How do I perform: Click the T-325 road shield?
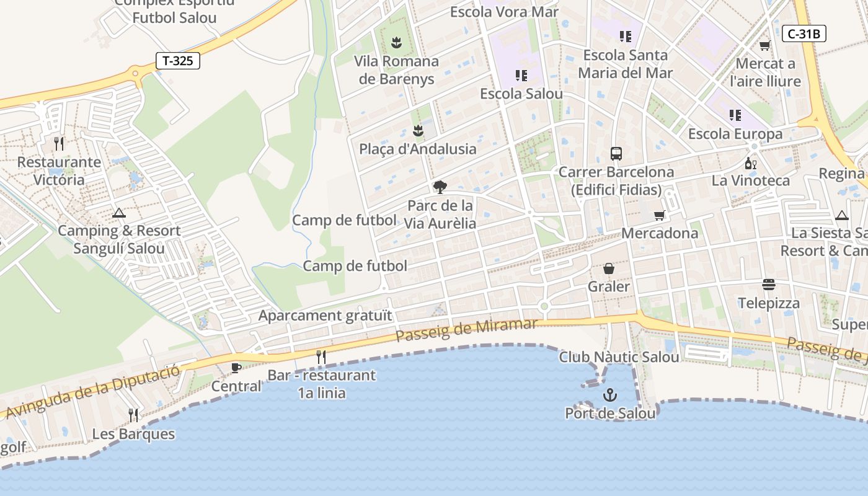(177, 61)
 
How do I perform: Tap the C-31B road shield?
(804, 33)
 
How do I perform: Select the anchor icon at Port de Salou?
(610, 395)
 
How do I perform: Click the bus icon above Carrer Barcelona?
(616, 154)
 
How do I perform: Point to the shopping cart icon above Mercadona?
(659, 215)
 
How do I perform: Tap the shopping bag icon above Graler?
(609, 268)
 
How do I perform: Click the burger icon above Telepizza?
(769, 285)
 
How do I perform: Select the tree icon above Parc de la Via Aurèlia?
(440, 187)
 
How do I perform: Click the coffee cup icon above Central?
(236, 368)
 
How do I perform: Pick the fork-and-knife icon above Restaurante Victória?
(59, 144)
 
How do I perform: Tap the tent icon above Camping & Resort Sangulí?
(118, 213)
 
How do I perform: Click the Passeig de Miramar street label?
(466, 330)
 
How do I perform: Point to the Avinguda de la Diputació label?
(93, 391)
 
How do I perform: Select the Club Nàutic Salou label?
(619, 357)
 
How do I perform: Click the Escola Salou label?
(521, 94)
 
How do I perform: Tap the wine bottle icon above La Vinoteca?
(750, 164)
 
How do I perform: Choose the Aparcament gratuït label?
(325, 316)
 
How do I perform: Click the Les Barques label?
(133, 433)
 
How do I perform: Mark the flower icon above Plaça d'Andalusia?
(418, 131)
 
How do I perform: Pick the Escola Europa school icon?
(735, 115)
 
